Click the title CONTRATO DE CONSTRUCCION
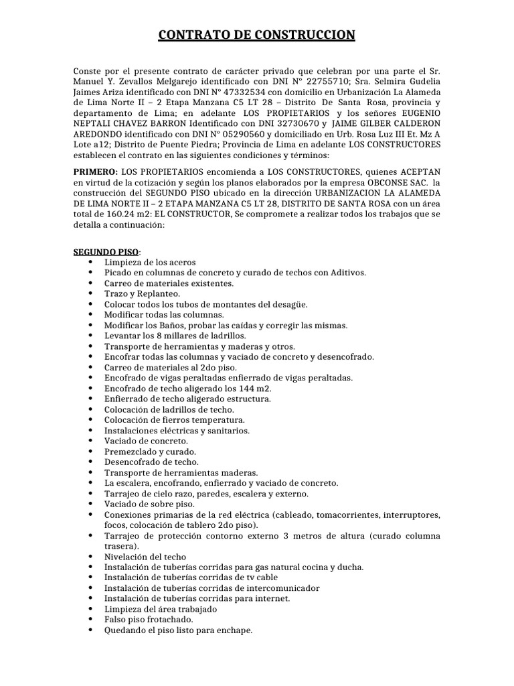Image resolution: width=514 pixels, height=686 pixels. pyautogui.click(x=257, y=35)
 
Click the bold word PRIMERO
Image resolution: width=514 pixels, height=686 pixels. pyautogui.click(x=95, y=171)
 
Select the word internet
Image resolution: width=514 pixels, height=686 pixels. pyautogui.click(x=270, y=598)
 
